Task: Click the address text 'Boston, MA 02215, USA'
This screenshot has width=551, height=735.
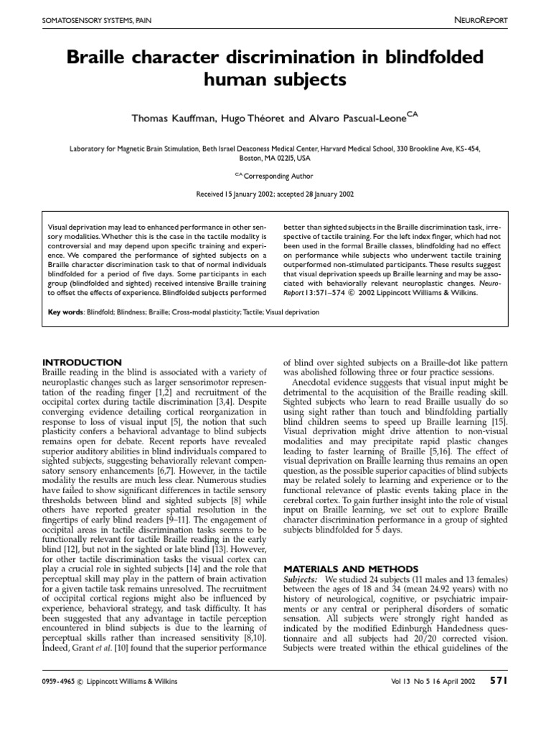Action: point(275,159)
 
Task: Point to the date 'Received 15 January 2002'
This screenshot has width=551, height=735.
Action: point(235,194)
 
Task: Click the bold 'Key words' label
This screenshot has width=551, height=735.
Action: point(63,313)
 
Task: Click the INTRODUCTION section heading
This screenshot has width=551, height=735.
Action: point(83,362)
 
